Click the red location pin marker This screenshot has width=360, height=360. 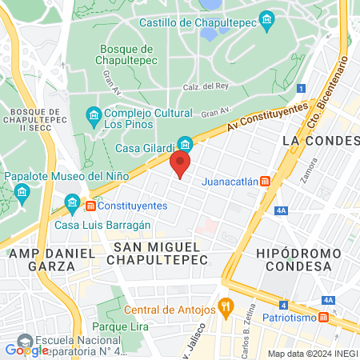181,165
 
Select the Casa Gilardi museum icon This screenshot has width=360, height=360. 186,144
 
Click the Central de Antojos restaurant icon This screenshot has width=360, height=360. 226,306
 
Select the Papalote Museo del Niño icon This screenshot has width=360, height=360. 22,192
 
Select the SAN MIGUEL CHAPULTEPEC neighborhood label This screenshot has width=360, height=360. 161,253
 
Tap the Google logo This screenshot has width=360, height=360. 26,349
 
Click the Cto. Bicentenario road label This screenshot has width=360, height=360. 327,92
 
